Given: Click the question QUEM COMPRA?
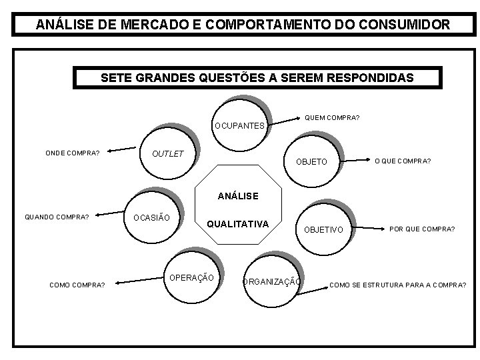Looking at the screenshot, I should point(332,118).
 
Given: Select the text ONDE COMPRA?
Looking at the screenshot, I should point(73,153).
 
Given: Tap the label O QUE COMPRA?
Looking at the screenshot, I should point(403,161).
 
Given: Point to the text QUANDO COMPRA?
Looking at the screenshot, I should point(57,216).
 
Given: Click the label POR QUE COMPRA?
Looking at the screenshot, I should point(423,229).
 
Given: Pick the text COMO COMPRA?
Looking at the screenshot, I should point(77,285).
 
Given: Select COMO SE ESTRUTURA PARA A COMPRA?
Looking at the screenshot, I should point(398,285).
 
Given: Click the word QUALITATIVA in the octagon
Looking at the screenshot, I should point(237,224).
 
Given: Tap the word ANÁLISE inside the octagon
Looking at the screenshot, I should point(238,197).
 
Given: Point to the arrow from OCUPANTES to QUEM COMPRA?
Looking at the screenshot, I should point(283,121).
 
